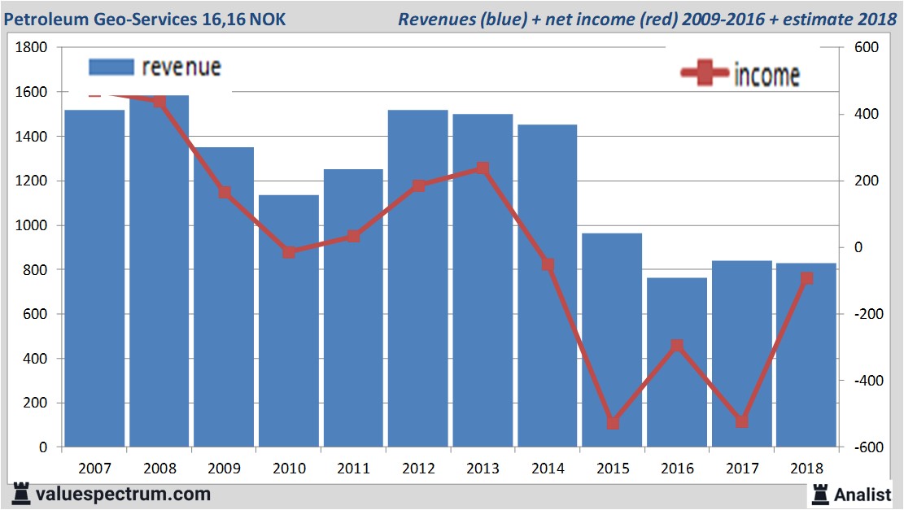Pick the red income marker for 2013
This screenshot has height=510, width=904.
[x=483, y=168]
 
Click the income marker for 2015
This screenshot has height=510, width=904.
[x=613, y=423]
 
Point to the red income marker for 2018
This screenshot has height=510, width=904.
[x=806, y=278]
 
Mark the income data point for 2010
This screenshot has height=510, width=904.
[x=289, y=252]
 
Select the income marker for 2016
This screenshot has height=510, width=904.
[x=677, y=346]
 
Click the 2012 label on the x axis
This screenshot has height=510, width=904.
[x=418, y=469]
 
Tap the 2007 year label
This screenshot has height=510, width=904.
[x=95, y=469]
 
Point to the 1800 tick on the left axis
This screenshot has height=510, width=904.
[x=32, y=48]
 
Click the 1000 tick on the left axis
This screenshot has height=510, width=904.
[x=32, y=225]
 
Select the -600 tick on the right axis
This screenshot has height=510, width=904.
[x=867, y=447]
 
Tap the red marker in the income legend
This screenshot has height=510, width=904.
[x=704, y=73]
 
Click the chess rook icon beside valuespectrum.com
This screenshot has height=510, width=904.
[x=20, y=494]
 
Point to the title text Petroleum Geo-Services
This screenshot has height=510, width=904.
[x=98, y=18]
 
